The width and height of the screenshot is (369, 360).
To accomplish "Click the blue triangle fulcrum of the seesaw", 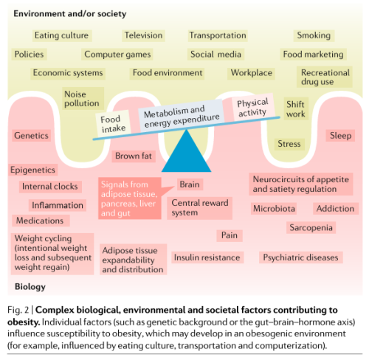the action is coord(186,153).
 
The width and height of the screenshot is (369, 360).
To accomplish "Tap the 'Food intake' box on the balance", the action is coord(113,124).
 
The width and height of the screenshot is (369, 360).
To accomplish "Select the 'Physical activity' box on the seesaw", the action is coord(253,108).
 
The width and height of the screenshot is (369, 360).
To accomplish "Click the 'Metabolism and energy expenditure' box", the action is coord(182,116).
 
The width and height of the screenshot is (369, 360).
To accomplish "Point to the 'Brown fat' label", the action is coord(134,156).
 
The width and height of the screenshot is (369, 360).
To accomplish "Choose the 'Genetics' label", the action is coord(31,136).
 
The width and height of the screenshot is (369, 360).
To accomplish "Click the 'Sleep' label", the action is coord(340,136).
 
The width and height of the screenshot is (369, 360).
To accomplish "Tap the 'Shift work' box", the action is coord(296,109).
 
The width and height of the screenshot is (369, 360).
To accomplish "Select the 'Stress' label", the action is coord(289,144).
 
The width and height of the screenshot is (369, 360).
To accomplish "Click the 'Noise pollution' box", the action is coord(83,98).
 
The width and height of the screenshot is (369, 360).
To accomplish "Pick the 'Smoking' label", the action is coord(314,35).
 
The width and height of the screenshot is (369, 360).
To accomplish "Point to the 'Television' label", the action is coord(143,35).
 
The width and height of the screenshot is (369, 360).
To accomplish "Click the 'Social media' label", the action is coord(215,55).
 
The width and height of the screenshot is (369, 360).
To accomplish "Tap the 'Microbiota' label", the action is coord(274,209).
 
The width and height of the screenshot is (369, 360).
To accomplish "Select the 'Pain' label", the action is coord(230,235).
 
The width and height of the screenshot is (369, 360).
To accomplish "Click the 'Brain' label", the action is coord(190,184).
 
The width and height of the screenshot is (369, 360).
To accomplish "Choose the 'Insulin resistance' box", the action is coord(207,257).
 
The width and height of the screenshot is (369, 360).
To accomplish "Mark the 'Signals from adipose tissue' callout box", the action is coord(130,198).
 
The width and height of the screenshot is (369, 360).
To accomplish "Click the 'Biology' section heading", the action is coord(30,287).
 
